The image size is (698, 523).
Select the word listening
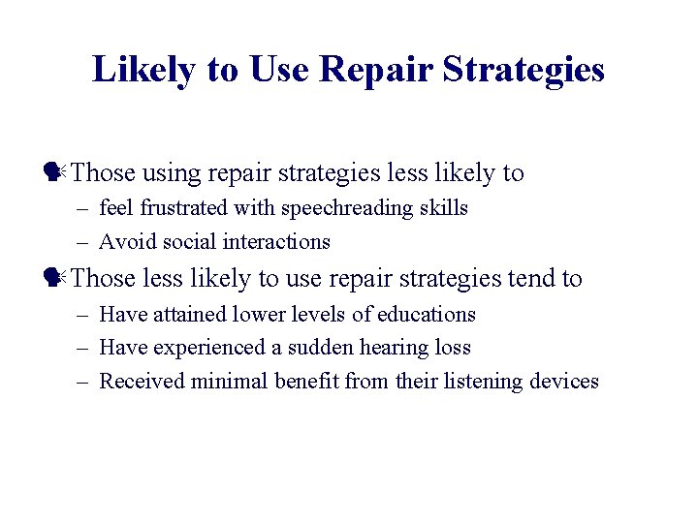click(x=483, y=382)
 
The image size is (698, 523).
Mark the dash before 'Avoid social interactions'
click(x=84, y=242)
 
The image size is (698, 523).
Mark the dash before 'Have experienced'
click(x=84, y=348)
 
